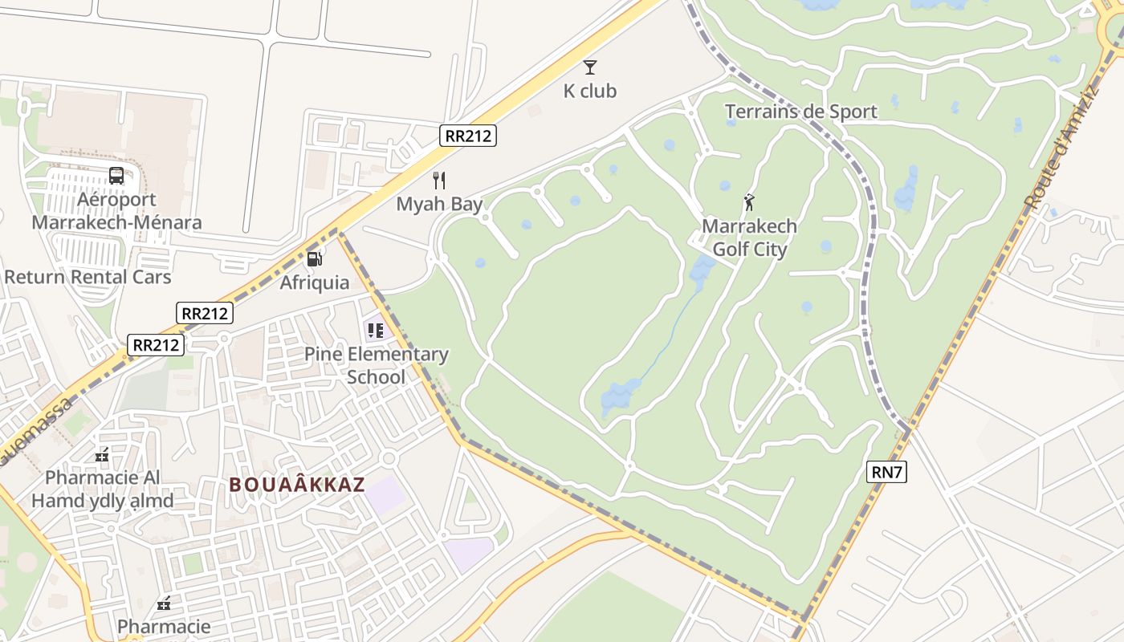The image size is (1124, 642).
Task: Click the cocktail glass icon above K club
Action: point(590,67)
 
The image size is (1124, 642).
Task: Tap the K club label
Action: point(590,91)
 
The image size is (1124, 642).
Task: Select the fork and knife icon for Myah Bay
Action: point(439,180)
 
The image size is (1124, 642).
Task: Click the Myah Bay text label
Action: point(439,204)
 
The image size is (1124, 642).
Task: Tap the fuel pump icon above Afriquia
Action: point(315,258)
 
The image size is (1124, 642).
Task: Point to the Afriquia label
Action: point(315,282)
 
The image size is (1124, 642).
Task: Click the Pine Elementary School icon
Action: point(376,330)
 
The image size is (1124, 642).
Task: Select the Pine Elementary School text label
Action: point(376,365)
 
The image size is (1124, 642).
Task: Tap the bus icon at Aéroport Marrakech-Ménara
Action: point(116,175)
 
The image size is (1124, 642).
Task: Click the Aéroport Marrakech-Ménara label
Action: point(116,210)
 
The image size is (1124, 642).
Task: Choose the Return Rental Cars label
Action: point(88,277)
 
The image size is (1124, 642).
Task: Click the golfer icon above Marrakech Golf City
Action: point(749,202)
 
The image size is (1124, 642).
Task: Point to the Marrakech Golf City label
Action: point(749,238)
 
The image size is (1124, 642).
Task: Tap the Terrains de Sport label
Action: point(800,112)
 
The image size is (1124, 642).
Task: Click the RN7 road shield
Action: point(887,472)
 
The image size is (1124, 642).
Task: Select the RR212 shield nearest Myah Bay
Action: point(468,136)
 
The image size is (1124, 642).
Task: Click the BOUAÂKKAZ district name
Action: point(297,485)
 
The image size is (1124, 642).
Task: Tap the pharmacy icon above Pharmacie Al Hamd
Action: point(102,455)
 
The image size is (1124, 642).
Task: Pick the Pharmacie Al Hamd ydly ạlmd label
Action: point(102,490)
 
